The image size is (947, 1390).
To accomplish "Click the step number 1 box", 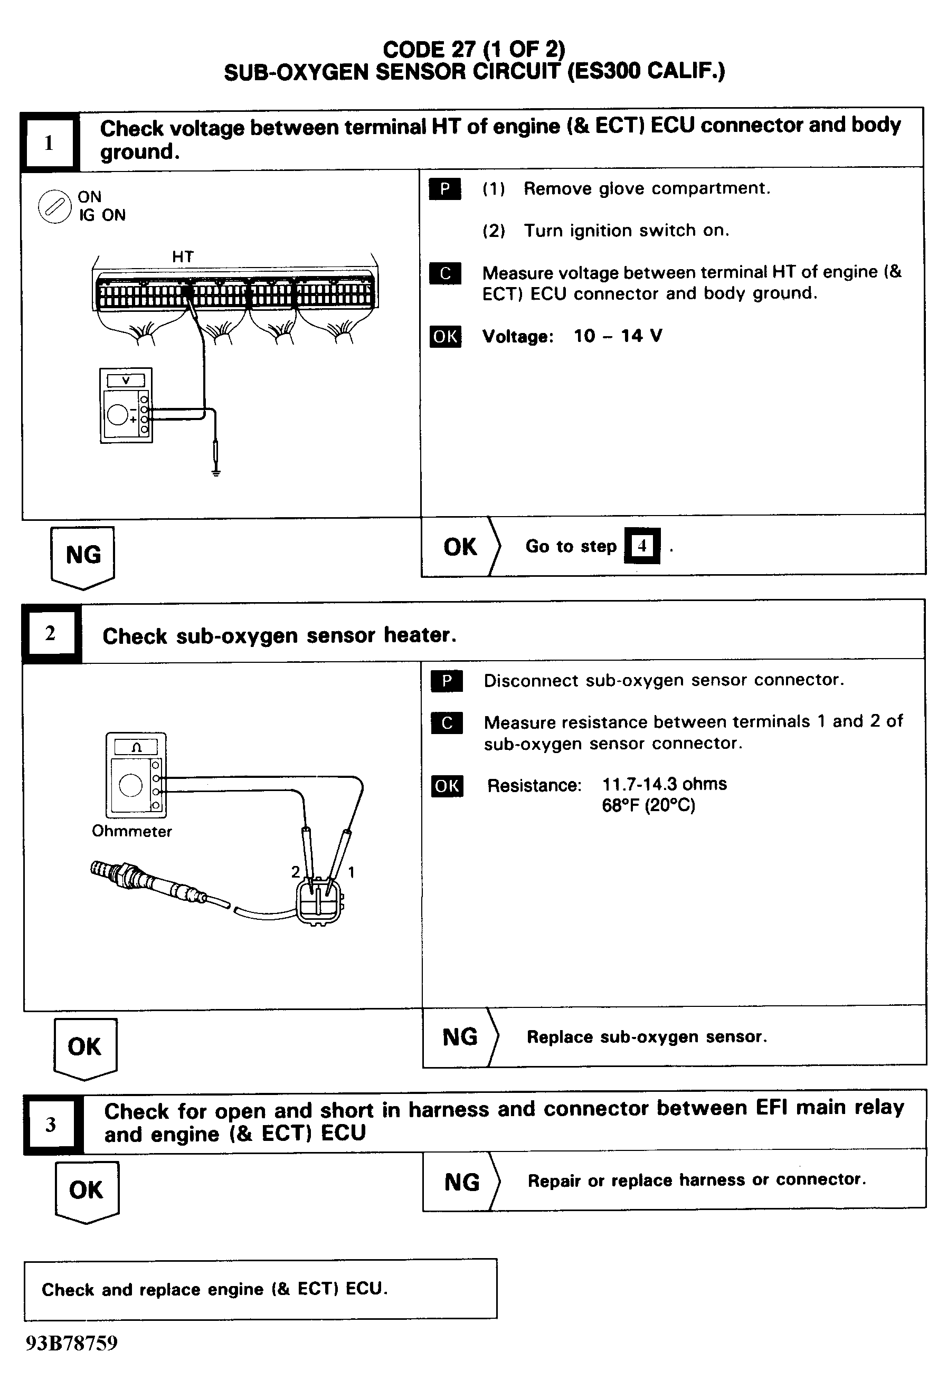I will click(x=50, y=143).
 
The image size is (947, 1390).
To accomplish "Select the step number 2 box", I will click(x=51, y=633).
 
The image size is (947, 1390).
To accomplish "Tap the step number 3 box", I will click(x=51, y=1124).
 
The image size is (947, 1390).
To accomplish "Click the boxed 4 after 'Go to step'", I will click(x=642, y=546).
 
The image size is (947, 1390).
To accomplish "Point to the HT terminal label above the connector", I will click(x=183, y=256).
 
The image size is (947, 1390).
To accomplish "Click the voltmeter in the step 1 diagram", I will click(x=126, y=405).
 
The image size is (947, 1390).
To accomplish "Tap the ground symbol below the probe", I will click(x=216, y=472).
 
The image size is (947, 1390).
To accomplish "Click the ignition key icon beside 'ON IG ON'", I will click(x=54, y=207).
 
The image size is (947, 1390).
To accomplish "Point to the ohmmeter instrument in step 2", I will click(x=136, y=775).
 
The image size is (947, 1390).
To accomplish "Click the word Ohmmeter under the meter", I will click(x=131, y=831).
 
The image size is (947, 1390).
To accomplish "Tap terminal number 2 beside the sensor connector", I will click(x=296, y=871).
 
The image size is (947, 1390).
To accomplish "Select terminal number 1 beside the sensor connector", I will click(x=351, y=872).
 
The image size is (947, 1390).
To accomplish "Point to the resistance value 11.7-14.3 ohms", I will click(x=664, y=784).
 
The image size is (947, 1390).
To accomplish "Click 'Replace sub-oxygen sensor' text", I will click(x=646, y=1036).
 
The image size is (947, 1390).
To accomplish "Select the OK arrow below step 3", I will click(x=87, y=1189).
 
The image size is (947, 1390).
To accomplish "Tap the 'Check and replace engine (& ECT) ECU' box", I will click(x=260, y=1289).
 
